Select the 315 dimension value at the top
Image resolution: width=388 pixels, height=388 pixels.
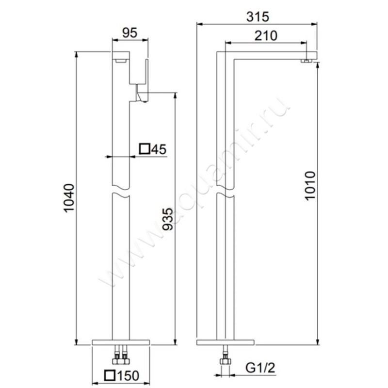point(257,16)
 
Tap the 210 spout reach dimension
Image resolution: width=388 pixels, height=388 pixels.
point(266,35)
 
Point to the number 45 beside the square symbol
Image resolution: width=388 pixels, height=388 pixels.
point(158,149)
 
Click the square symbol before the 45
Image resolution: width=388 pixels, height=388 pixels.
point(144,149)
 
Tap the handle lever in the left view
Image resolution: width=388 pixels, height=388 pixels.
point(142,95)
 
